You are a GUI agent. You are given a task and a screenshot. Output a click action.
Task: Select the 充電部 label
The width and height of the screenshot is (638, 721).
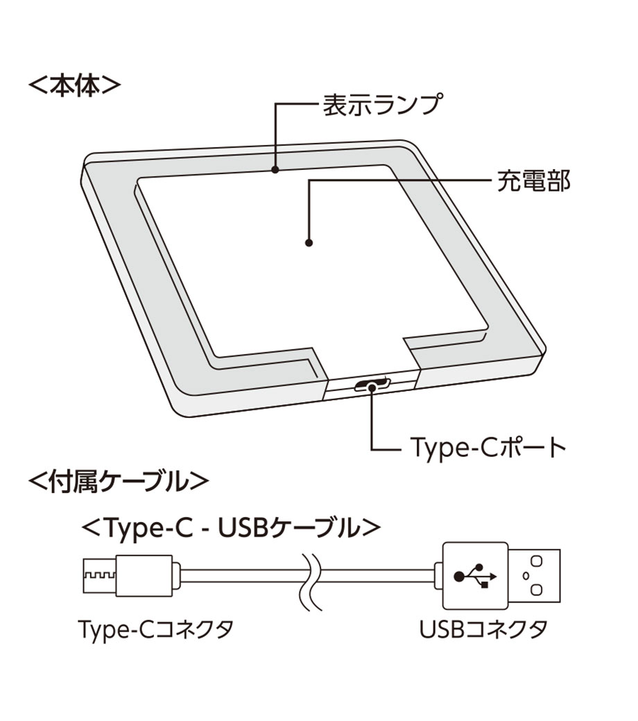533,181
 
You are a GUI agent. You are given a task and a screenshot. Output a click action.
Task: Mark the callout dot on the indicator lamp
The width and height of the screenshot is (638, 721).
275,168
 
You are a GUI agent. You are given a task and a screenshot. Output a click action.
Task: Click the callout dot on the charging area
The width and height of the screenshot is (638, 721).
309,243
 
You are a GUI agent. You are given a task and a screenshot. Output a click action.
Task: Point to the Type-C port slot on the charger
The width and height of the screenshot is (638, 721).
372,385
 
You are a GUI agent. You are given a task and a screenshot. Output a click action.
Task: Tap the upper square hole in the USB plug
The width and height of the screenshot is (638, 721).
535,559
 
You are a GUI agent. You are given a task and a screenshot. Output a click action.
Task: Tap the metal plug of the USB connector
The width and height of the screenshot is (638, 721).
535,575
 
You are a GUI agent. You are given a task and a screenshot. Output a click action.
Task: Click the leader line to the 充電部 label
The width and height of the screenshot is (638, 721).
402,181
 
